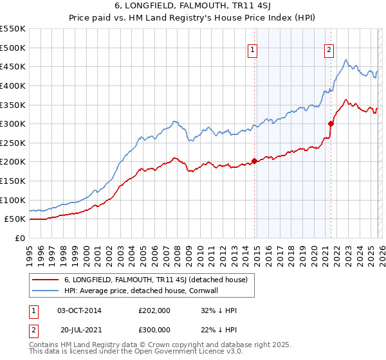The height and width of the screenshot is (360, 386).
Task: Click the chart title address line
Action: pos(193,7)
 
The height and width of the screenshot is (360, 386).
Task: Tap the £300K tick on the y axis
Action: pos(13,123)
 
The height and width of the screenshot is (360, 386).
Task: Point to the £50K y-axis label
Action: pos(15,219)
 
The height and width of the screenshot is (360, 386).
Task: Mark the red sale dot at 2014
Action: pos(254,161)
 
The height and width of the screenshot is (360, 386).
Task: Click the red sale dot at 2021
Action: pos(331,123)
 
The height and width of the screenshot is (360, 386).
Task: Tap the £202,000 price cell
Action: pos(154,310)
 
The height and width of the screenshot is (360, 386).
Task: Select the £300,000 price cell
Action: pos(154,330)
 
